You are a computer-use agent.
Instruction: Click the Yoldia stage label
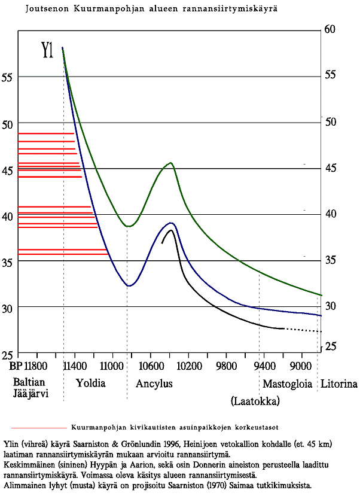[90, 384]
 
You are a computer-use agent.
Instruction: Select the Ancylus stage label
[154, 384]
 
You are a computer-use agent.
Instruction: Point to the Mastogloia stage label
[288, 384]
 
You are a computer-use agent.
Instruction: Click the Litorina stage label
[339, 384]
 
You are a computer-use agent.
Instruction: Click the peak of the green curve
[170, 163]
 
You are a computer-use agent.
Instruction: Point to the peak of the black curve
[172, 230]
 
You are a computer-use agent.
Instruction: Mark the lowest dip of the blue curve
[129, 286]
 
